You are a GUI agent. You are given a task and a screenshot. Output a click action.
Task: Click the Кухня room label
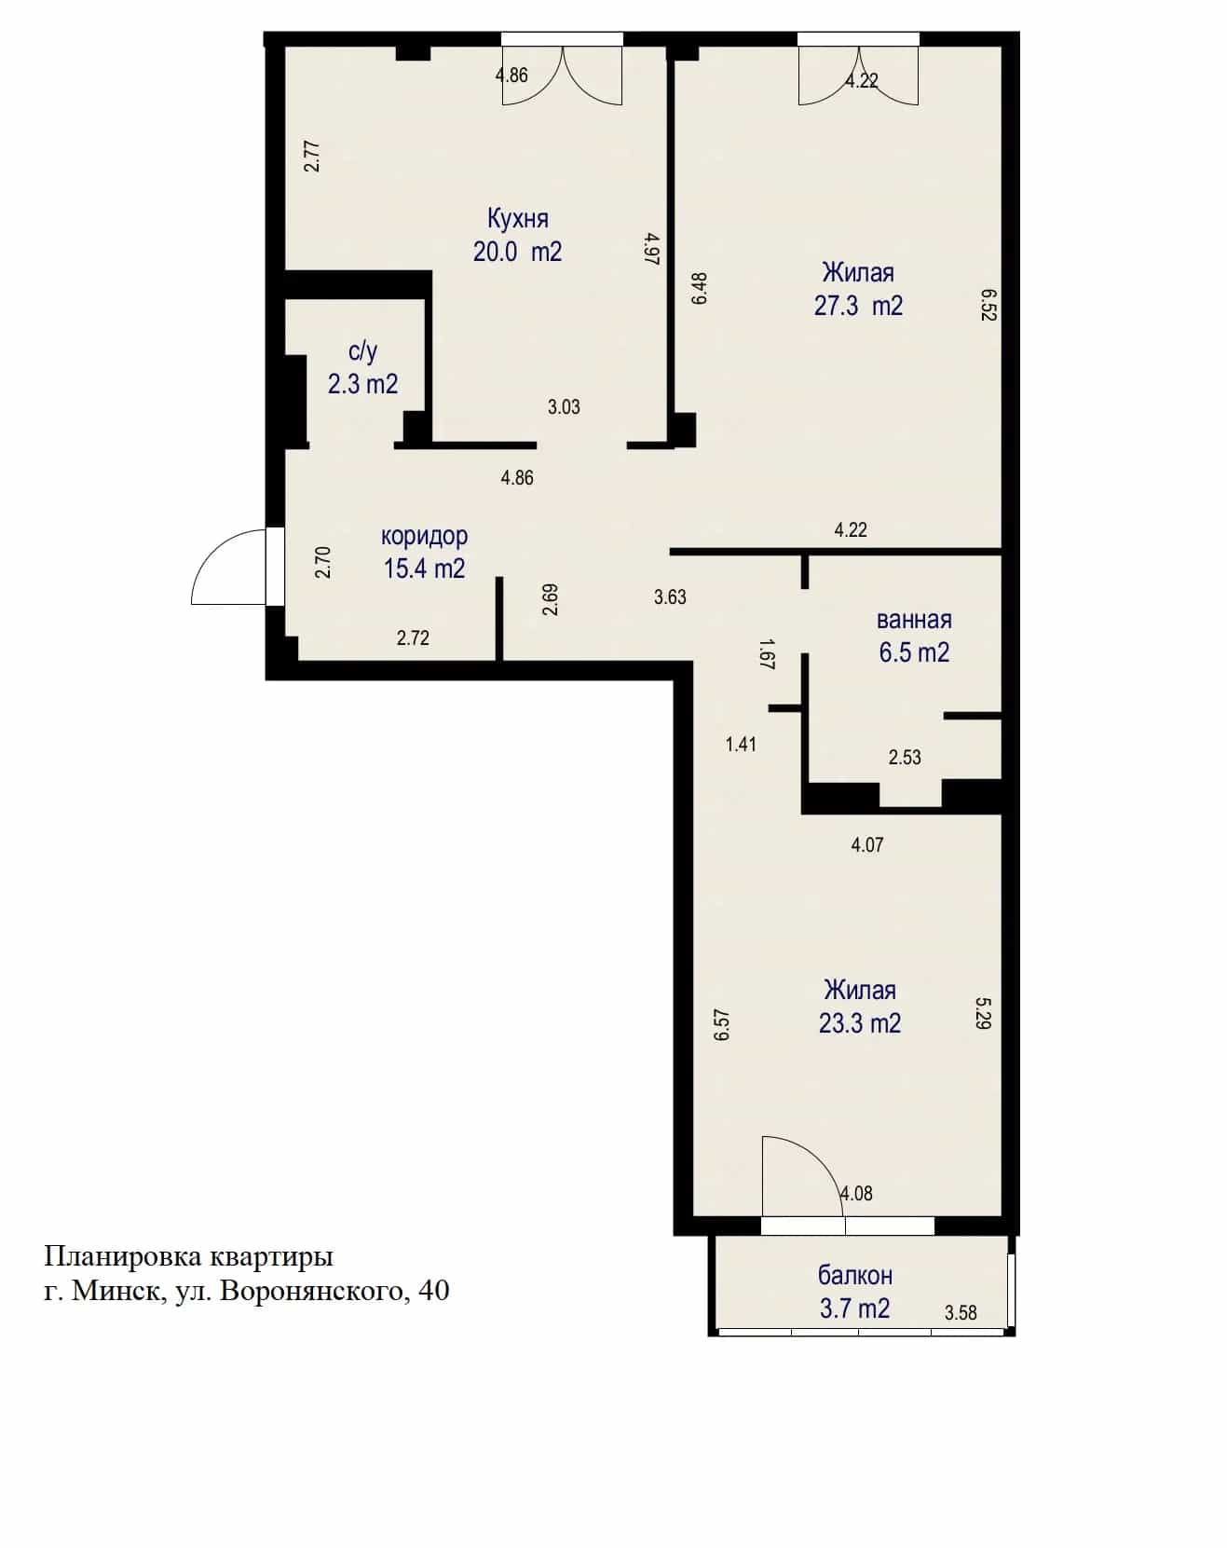point(518,219)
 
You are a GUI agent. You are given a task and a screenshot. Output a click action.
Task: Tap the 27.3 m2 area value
point(858,306)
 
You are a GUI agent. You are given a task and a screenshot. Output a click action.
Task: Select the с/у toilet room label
point(362,352)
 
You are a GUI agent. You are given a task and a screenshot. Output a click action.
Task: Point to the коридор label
point(424,537)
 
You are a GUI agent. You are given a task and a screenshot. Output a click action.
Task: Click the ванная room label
point(914,620)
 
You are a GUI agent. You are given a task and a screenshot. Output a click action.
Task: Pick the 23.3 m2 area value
point(859,1023)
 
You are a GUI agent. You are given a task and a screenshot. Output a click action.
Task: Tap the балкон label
point(855,1275)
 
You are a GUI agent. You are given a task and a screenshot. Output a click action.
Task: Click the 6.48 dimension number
point(700,288)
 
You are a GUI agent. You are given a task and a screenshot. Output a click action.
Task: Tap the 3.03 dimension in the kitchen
point(564,406)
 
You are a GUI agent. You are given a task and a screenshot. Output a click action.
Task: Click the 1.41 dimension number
point(741,744)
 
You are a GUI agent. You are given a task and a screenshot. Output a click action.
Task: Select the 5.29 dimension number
point(982,1013)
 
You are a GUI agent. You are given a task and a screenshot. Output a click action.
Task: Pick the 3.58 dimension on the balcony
point(961,1313)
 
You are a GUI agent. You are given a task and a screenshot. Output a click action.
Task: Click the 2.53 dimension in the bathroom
point(905,757)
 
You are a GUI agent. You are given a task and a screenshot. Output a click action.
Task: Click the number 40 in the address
point(434,1292)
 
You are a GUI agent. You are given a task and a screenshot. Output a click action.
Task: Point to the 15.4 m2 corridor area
point(424,568)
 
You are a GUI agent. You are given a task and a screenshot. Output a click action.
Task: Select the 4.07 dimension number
point(867,844)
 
